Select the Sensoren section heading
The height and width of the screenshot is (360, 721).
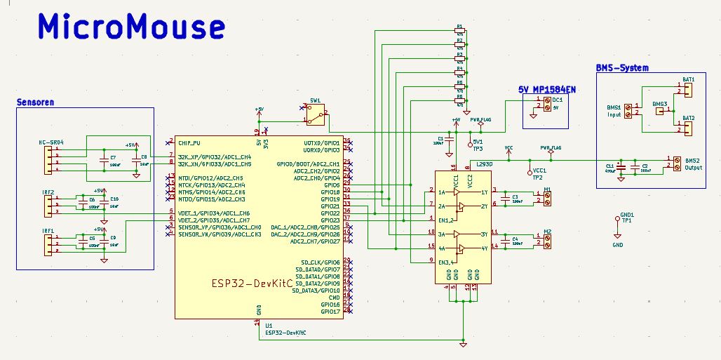[x=35, y=102]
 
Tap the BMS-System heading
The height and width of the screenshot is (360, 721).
[x=621, y=68]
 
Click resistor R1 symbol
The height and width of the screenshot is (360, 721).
[x=460, y=32]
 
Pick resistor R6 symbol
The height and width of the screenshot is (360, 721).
[x=460, y=101]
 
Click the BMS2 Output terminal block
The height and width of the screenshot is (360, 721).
[x=676, y=163]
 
